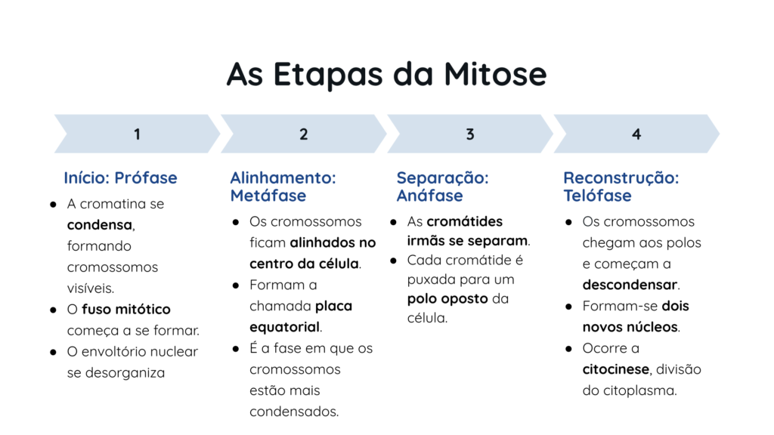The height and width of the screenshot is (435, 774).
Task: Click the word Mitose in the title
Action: pyautogui.click(x=495, y=74)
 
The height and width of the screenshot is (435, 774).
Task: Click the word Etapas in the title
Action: pyautogui.click(x=328, y=75)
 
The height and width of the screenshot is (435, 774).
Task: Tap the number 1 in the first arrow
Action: pyautogui.click(x=138, y=134)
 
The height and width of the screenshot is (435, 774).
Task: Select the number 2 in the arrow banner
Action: pyautogui.click(x=304, y=134)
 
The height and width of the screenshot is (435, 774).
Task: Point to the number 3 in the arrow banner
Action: pyautogui.click(x=470, y=134)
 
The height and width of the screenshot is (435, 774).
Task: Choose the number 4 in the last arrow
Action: pyautogui.click(x=636, y=134)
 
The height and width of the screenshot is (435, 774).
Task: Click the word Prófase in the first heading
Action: pyautogui.click(x=146, y=177)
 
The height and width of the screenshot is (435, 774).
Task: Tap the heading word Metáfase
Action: pyautogui.click(x=268, y=196)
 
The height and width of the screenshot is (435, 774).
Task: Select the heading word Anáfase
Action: pyautogui.click(x=429, y=196)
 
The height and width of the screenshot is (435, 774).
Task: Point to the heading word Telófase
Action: pyautogui.click(x=597, y=196)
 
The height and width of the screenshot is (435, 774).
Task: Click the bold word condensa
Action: pyautogui.click(x=100, y=225)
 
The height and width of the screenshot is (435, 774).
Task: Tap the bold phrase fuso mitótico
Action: pyautogui.click(x=126, y=309)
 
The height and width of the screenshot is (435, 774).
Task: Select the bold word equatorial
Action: pyautogui.click(x=284, y=327)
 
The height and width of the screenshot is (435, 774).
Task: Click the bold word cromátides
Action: pyautogui.click(x=465, y=221)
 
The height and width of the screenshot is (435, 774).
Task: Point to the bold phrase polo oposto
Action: pyautogui.click(x=447, y=299)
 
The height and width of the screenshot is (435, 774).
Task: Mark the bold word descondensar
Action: pyautogui.click(x=630, y=285)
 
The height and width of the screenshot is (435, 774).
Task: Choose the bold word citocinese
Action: pyautogui.click(x=615, y=369)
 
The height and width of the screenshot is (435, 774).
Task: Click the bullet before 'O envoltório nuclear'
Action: pyautogui.click(x=54, y=352)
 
